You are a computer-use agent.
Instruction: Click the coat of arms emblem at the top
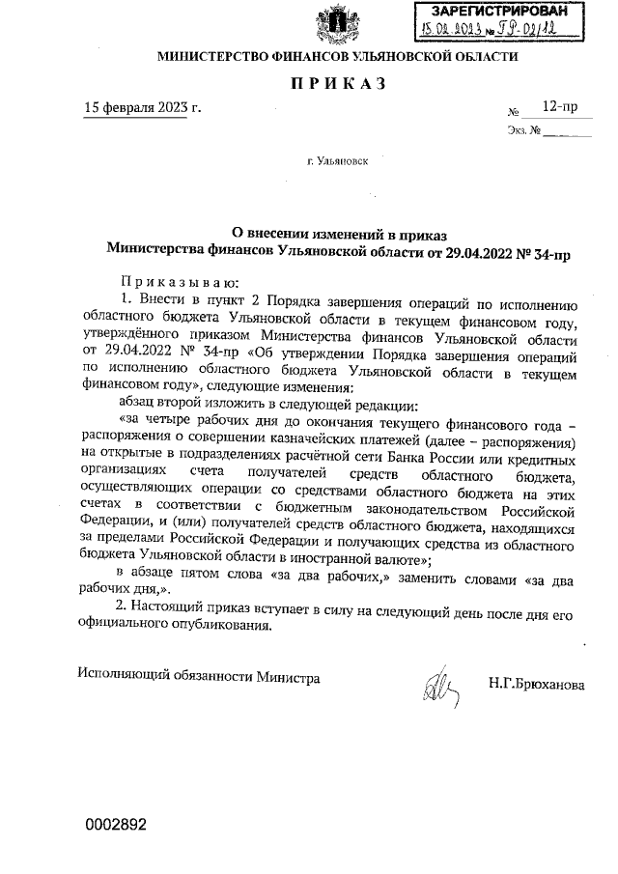click(335, 20)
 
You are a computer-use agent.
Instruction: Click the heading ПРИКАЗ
click(338, 84)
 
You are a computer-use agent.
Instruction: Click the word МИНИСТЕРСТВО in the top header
click(211, 57)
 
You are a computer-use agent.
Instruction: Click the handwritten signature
click(437, 687)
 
